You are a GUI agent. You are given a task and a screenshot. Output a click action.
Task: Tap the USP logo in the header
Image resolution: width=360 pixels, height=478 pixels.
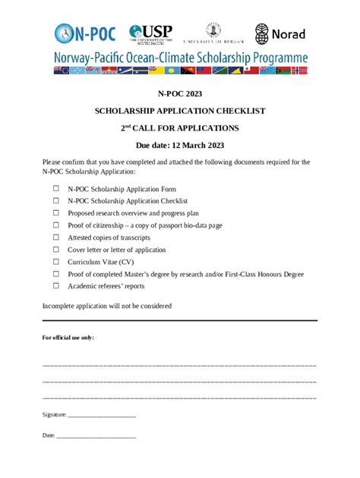[x=151, y=33]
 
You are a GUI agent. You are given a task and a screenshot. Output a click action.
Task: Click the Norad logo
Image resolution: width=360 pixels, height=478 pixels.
[x=280, y=33]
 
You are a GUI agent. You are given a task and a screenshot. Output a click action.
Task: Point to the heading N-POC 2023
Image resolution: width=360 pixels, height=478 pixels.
[x=179, y=93]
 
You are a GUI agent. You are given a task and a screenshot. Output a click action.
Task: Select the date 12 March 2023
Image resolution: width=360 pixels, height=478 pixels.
[x=197, y=144]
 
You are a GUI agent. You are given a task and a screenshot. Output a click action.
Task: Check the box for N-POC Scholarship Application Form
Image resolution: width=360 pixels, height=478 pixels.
[x=55, y=189]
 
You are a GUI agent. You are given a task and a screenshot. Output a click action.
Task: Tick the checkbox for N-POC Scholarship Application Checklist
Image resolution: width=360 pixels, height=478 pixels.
[x=55, y=201]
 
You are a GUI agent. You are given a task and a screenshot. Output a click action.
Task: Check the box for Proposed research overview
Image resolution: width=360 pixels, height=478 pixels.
[x=55, y=213]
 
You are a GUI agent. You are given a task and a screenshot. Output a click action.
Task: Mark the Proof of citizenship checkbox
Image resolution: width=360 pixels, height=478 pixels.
[x=55, y=225]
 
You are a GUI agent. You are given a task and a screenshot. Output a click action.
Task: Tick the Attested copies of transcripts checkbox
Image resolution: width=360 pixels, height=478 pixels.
[x=55, y=237]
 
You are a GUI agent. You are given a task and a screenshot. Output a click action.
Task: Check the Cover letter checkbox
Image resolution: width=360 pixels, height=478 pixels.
[x=55, y=250]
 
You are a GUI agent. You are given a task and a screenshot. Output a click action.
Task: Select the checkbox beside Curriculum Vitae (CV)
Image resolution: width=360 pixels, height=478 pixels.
[x=55, y=262]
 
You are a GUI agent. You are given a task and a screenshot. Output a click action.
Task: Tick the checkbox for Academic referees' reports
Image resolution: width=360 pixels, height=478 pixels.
[x=55, y=286]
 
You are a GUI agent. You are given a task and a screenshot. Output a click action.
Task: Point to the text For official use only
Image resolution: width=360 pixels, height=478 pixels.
[x=68, y=338]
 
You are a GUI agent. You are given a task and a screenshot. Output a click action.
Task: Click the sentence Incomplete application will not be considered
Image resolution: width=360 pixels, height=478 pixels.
[x=106, y=306]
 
